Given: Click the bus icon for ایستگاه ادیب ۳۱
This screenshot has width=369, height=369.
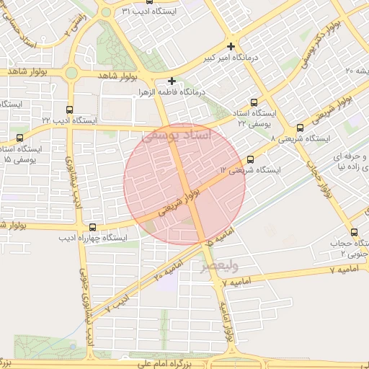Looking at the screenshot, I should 148,1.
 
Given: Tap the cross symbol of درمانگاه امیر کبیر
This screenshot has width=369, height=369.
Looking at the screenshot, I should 231,46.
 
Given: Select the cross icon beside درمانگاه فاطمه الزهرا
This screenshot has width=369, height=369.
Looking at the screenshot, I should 172,81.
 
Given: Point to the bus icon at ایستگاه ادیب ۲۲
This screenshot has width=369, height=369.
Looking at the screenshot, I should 69,110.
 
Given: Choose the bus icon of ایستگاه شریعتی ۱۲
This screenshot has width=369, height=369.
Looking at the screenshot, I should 250,159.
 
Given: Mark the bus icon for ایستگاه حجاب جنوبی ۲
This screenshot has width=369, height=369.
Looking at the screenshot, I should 354,232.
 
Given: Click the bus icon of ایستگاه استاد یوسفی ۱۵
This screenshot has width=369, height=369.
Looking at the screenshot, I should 19,137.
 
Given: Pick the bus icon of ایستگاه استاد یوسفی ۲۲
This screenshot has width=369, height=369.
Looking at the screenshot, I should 253,102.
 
